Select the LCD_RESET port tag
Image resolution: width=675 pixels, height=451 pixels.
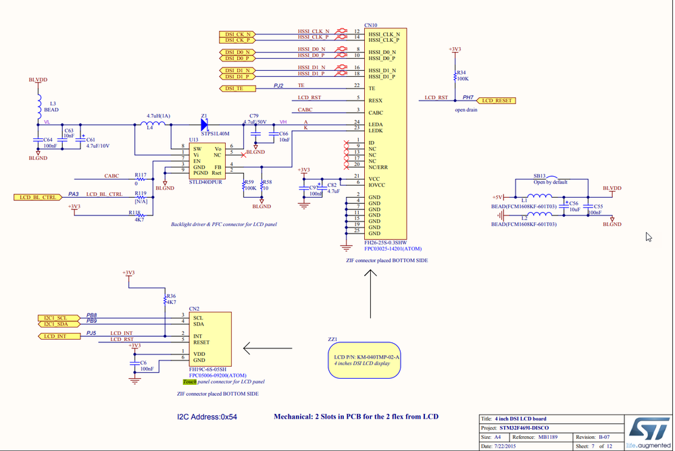click(x=497, y=101)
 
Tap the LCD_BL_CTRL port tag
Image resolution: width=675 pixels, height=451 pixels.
click(x=38, y=197)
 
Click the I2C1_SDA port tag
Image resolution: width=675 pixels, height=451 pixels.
click(x=55, y=324)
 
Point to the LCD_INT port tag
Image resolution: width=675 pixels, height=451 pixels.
click(x=55, y=336)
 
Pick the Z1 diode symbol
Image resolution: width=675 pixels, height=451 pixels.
click(x=204, y=124)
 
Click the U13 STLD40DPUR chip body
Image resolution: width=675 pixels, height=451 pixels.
click(x=205, y=161)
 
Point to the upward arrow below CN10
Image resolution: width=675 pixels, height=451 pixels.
click(x=370, y=294)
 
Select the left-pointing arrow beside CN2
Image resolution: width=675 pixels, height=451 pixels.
click(x=266, y=348)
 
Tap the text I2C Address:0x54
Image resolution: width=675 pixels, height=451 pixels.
click(x=207, y=417)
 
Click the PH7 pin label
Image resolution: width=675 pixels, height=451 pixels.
click(x=468, y=98)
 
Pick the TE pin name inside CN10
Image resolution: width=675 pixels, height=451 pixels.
click(x=372, y=88)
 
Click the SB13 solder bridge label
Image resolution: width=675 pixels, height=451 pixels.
click(x=539, y=176)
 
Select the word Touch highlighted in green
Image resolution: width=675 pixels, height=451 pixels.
click(x=189, y=382)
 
